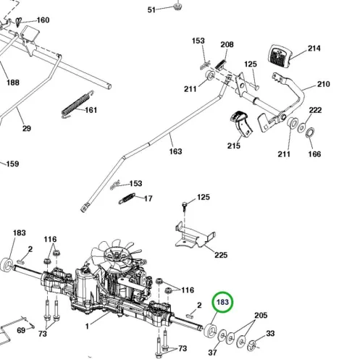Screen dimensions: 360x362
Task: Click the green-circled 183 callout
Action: coord(222,302)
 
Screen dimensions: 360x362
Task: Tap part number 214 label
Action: coord(314,49)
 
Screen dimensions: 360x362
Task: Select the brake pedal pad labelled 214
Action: coord(279,56)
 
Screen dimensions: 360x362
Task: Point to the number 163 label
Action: coord(175,151)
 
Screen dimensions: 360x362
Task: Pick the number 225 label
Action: coord(221,255)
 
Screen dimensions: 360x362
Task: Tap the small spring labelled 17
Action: coord(127,198)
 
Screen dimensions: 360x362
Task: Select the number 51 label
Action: coord(151,10)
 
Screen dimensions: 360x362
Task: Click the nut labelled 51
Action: coord(177,7)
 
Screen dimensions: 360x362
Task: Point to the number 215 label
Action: coord(234,146)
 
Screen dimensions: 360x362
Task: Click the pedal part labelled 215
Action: coord(241,125)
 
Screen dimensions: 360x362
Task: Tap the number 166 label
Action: coord(314,154)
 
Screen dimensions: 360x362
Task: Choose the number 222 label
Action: coord(315,110)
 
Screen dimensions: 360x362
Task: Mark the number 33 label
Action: coord(270,333)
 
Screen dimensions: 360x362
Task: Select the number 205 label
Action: coord(261,315)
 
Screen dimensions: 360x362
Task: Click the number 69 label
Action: coord(21,330)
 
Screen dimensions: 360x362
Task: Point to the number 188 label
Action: coord(13,83)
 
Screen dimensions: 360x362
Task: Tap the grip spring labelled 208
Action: coord(220,64)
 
